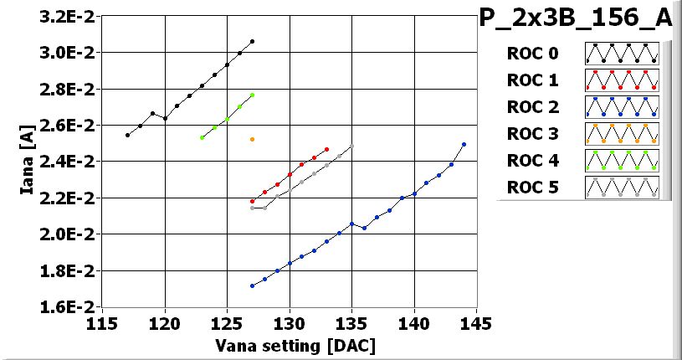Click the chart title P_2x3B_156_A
tap(575, 19)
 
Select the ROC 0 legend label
tap(532, 54)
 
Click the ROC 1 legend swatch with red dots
tap(622, 80)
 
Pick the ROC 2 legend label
tap(532, 107)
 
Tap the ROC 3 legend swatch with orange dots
tap(622, 134)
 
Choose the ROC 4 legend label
tap(532, 161)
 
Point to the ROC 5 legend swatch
tap(622, 188)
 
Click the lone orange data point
tap(252, 139)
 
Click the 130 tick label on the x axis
tap(289, 323)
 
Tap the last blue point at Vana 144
tap(464, 144)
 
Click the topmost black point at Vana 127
tap(252, 41)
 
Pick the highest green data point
tap(252, 95)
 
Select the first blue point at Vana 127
tap(252, 285)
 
